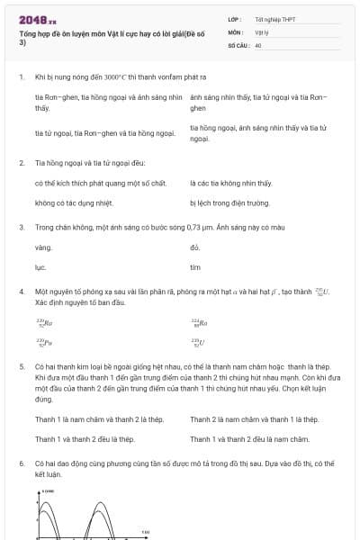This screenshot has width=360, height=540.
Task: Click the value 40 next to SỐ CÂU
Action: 258,43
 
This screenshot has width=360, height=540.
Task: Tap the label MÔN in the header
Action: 234,31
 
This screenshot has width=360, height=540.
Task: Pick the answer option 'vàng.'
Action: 43,247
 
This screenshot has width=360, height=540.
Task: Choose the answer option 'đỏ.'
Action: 194,247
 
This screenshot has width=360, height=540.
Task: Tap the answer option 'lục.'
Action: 40,267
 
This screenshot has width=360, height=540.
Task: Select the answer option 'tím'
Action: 195,267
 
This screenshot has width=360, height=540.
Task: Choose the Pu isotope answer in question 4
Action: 44,343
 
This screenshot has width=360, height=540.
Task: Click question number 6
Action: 22,463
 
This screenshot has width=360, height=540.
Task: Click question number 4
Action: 22,292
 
